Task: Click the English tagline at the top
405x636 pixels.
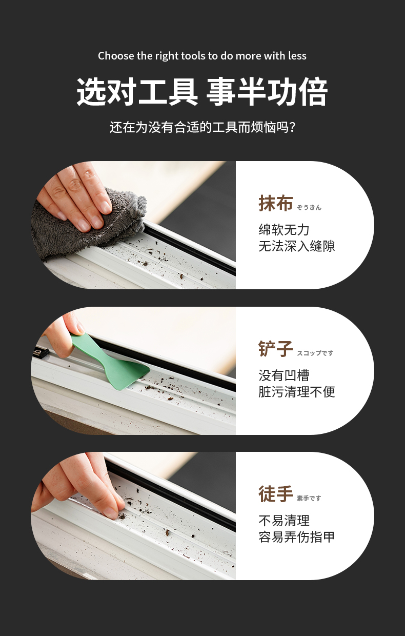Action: coord(202,56)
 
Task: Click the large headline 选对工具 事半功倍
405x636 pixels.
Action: coord(202,92)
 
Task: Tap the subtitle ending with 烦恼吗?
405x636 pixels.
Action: coord(202,127)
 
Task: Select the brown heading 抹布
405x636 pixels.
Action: coord(276,203)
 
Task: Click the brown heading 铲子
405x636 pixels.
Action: coord(276,349)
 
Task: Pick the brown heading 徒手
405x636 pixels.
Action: coord(276,494)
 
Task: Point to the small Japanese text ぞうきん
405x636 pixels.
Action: coord(309,208)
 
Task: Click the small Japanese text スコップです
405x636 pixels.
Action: coord(315,353)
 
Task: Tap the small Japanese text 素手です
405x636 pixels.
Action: coord(309,499)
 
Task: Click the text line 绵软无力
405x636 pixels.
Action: coord(284,229)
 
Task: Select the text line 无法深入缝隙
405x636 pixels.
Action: coord(297,246)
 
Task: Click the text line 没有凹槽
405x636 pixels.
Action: coord(284,375)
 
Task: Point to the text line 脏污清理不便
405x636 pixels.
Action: coord(297,392)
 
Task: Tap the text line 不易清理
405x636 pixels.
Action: coord(284,521)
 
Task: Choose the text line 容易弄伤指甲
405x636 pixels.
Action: coord(297,537)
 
